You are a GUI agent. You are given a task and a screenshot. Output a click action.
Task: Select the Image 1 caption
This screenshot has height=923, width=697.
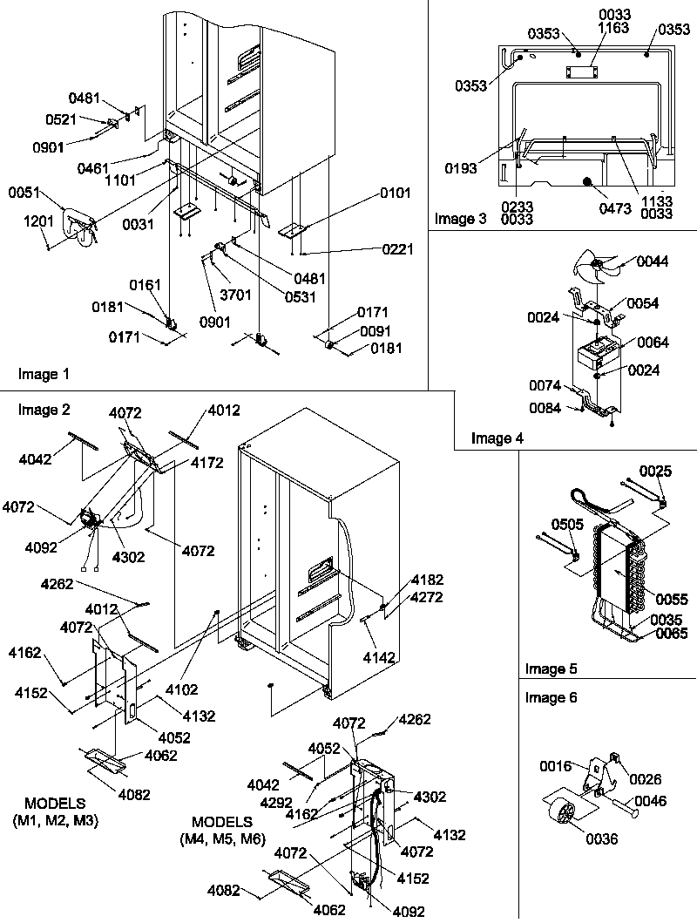[44, 374]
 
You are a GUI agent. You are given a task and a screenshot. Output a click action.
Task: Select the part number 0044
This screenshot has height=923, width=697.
[651, 261]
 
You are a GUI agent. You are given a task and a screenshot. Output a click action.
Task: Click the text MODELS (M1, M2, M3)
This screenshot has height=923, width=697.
[56, 812]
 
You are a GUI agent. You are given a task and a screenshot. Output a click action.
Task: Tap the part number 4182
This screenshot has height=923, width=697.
[427, 580]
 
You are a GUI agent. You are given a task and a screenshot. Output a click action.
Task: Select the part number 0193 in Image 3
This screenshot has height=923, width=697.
[460, 169]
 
